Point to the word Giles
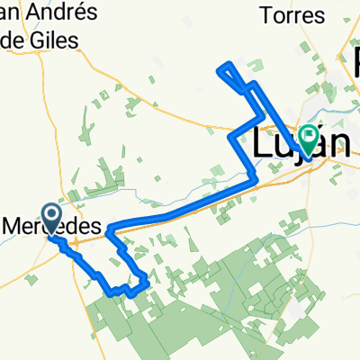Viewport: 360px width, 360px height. click(55, 40)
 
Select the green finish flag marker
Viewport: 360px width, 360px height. click(310, 138)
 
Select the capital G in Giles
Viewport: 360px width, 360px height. click(40, 40)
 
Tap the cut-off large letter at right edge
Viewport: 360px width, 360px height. click(355, 63)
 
